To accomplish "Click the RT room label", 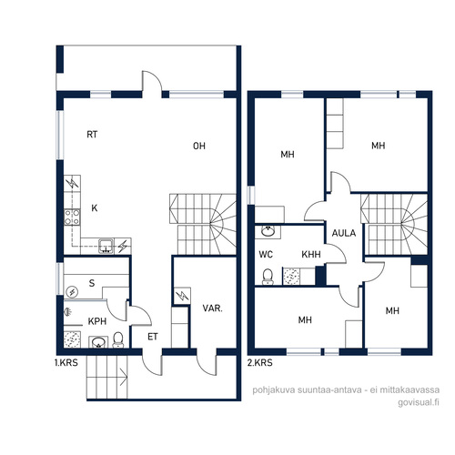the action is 92,135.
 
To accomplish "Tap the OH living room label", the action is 199,147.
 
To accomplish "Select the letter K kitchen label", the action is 95,208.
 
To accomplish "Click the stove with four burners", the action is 72,217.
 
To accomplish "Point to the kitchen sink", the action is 106,246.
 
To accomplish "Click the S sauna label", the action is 92,283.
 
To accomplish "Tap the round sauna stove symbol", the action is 72,292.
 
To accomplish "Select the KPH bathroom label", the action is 97,321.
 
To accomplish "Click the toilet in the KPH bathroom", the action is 118,339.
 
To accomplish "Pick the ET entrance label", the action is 153,337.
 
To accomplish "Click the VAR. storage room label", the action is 212,308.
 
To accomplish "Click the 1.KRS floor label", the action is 66,362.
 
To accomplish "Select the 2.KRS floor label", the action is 260,362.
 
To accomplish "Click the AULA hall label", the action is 344,233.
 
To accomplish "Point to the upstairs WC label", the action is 266,254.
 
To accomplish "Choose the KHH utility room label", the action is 311,254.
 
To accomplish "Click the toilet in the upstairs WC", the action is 268,277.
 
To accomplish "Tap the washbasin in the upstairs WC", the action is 268,231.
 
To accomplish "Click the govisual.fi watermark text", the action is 419,402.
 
